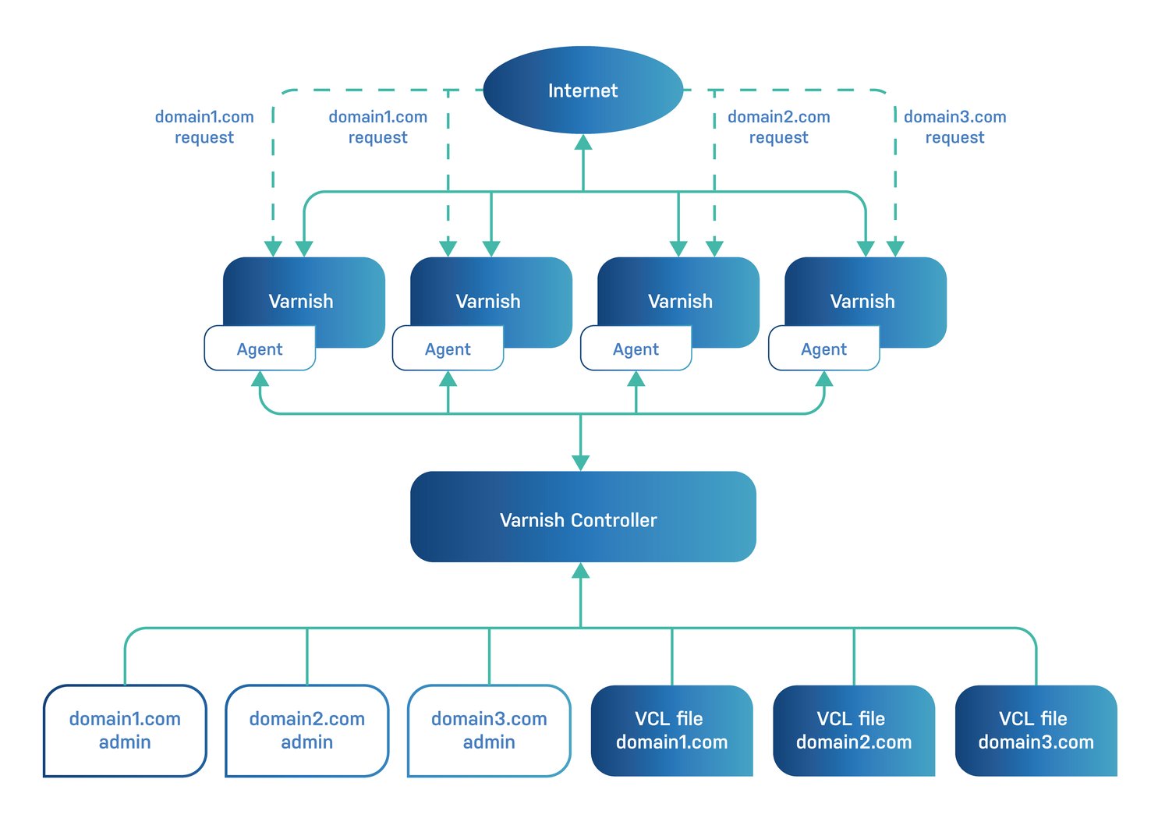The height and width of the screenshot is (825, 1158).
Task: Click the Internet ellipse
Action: (583, 90)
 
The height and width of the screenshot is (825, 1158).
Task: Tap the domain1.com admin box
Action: (125, 731)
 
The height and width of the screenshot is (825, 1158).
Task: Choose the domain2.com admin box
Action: (306, 731)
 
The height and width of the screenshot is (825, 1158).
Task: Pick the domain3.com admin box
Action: (489, 731)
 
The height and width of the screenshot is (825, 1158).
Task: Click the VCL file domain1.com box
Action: (671, 731)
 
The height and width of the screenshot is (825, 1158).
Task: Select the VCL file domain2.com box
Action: (853, 731)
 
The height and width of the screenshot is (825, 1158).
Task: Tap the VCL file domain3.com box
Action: (1036, 731)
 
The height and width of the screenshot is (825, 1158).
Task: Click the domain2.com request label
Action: (778, 127)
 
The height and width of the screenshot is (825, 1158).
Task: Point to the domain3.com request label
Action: (954, 127)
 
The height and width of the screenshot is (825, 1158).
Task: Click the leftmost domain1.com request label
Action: (204, 127)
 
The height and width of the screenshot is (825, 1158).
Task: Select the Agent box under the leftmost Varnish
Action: (260, 349)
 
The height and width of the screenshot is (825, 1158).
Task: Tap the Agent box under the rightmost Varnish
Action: (823, 349)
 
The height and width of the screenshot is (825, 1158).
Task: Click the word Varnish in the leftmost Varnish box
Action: (301, 301)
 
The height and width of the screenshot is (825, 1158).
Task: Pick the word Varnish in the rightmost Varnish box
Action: (862, 301)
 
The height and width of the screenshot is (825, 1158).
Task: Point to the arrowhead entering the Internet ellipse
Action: (583, 142)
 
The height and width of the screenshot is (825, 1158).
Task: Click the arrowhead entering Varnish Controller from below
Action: (580, 571)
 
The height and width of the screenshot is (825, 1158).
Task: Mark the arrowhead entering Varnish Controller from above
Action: (580, 462)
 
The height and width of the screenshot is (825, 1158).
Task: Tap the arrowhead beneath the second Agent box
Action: (448, 380)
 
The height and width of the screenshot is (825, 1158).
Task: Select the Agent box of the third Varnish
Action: (636, 349)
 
